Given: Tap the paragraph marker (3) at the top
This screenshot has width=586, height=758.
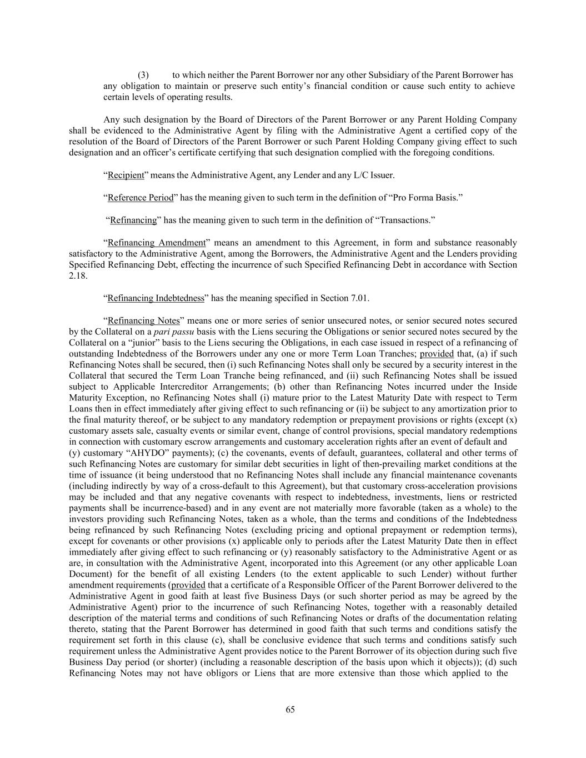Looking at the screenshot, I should point(143,75).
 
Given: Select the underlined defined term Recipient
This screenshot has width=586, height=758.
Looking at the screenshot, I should point(126,175).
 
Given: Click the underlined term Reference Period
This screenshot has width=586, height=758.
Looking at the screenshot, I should point(141,198).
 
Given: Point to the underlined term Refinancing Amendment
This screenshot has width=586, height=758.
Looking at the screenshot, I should point(156,243).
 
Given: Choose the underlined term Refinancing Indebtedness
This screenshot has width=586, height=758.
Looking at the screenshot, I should point(156,298).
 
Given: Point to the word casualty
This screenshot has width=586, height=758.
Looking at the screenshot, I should point(156,431).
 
